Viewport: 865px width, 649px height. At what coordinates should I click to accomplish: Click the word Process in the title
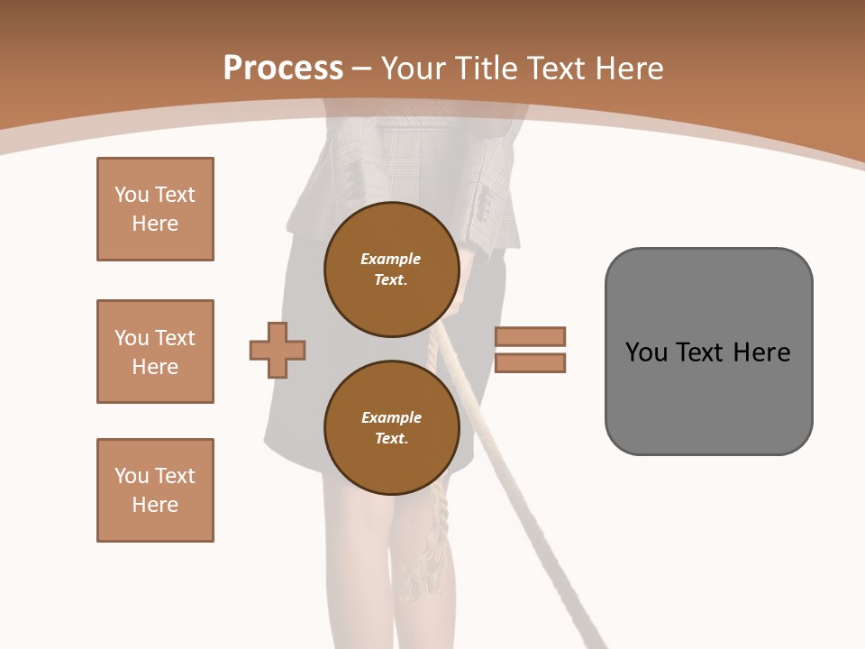pyautogui.click(x=283, y=69)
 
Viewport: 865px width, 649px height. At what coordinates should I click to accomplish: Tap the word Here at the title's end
pyautogui.click(x=629, y=69)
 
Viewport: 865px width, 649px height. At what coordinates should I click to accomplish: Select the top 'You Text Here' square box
pyautogui.click(x=155, y=209)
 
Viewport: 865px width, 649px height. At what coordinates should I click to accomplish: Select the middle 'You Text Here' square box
pyautogui.click(x=155, y=352)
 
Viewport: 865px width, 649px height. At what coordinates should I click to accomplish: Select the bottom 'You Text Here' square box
pyautogui.click(x=155, y=490)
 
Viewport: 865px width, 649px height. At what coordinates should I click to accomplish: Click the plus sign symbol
pyautogui.click(x=278, y=350)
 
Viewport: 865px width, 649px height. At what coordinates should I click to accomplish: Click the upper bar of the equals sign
pyautogui.click(x=530, y=336)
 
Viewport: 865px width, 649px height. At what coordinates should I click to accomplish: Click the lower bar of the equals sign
pyautogui.click(x=530, y=362)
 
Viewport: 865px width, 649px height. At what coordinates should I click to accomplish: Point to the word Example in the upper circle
pyautogui.click(x=391, y=259)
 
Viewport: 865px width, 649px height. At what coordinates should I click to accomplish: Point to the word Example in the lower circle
pyautogui.click(x=391, y=417)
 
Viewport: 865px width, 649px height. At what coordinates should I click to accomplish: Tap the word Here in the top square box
pyautogui.click(x=155, y=224)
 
